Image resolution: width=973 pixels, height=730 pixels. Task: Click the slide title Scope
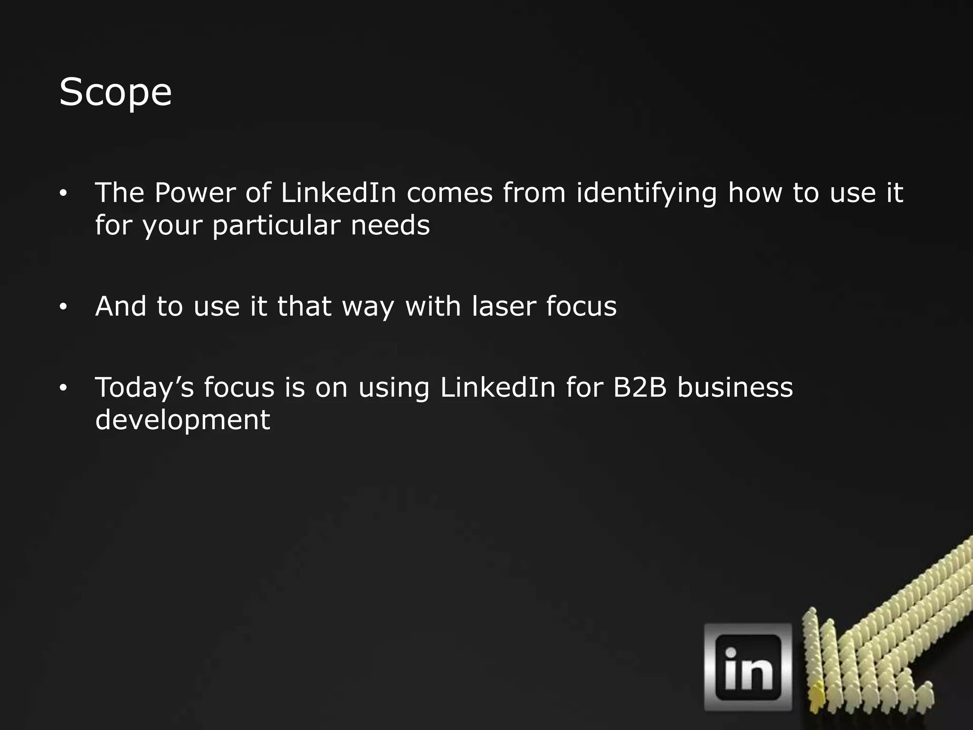(115, 92)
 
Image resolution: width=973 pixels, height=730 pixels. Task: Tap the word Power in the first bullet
(195, 193)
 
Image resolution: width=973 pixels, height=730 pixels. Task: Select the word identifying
(646, 194)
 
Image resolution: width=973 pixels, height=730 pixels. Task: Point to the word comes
(449, 193)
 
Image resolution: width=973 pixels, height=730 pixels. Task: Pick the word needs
(390, 225)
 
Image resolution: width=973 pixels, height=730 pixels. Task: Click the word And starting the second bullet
(121, 306)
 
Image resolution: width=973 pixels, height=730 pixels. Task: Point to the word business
(735, 387)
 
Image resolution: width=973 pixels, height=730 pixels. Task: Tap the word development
(182, 420)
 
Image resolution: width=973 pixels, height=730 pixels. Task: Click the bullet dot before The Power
(63, 194)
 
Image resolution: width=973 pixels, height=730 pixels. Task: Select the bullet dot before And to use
(63, 307)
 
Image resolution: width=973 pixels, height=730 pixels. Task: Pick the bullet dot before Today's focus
(63, 388)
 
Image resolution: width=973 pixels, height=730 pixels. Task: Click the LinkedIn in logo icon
(748, 667)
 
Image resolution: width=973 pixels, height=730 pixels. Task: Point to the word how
(755, 193)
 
